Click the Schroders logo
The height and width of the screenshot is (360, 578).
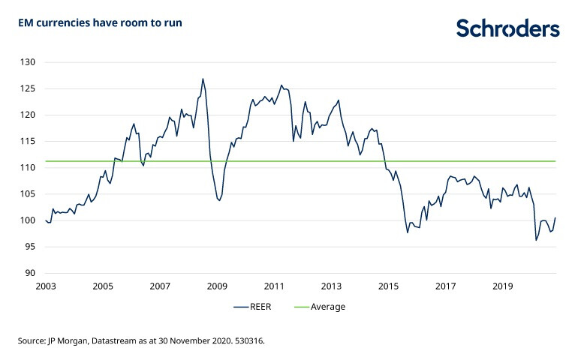[508, 28]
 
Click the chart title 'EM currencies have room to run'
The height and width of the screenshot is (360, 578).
[101, 23]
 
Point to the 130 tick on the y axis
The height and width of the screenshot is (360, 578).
[29, 62]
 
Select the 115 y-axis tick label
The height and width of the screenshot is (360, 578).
[29, 141]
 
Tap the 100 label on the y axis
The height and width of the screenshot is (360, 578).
[29, 220]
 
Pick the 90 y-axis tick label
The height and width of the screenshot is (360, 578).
[31, 273]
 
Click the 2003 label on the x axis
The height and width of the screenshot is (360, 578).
[45, 286]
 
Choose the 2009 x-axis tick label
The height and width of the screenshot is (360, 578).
[217, 286]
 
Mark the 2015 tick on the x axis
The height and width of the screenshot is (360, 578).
[388, 286]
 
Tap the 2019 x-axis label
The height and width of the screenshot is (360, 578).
[502, 286]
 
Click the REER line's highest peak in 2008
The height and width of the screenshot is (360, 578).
[203, 79]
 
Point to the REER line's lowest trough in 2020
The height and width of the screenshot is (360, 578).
[537, 240]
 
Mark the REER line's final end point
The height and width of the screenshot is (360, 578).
[555, 218]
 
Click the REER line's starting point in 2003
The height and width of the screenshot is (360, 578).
[45, 220]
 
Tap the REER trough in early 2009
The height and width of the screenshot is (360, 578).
[218, 201]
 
